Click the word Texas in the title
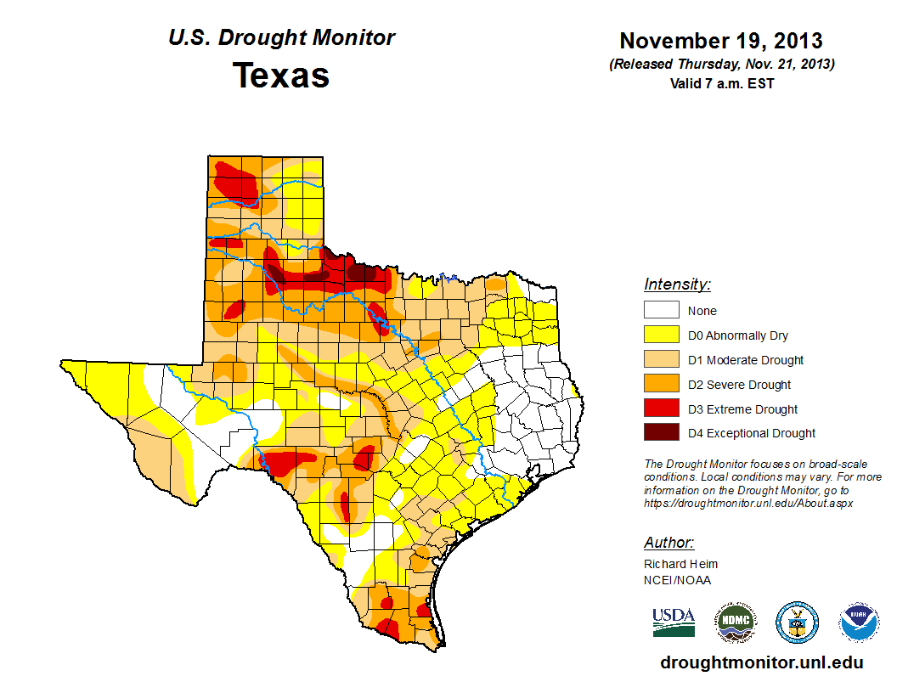tap(281, 76)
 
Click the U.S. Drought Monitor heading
tap(281, 38)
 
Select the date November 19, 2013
tap(721, 41)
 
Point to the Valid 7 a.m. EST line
tap(721, 83)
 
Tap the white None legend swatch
tap(661, 311)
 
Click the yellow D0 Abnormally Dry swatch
tap(661, 335)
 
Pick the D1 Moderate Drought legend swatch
tap(661, 360)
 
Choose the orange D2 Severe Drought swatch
tap(661, 385)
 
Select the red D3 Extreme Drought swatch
tap(661, 409)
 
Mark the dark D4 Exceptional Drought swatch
tap(661, 433)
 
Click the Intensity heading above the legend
tap(677, 285)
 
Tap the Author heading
tap(669, 543)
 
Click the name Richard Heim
tap(680, 564)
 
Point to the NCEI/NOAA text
tap(677, 580)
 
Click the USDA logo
tap(674, 622)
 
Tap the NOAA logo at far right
tap(860, 623)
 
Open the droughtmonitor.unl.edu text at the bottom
tap(761, 663)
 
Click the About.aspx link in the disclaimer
tap(747, 503)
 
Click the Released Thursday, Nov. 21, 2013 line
tap(721, 65)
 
